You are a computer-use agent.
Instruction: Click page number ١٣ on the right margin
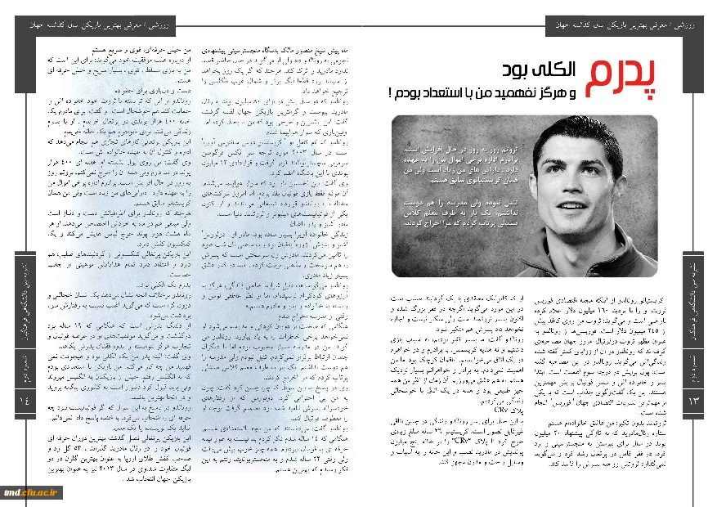(x=693, y=400)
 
